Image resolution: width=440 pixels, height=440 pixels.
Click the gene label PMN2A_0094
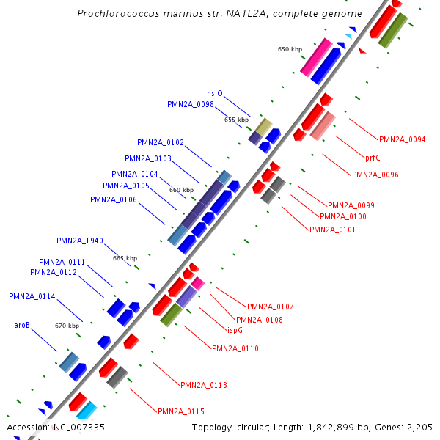pyautogui.click(x=402, y=139)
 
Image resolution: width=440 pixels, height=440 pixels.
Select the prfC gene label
pyautogui.click(x=373, y=157)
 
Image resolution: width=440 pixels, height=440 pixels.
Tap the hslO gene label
pyautogui.click(x=214, y=94)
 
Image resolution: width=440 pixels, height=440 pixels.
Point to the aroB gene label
pyautogui.click(x=22, y=325)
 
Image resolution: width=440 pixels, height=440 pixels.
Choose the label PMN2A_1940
pyautogui.click(x=80, y=241)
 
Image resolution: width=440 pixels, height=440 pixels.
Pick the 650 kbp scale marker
pyautogui.click(x=290, y=49)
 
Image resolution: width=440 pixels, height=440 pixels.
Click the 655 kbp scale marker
pyautogui.click(x=236, y=119)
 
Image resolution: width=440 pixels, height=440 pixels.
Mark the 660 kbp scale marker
pyautogui.click(x=181, y=190)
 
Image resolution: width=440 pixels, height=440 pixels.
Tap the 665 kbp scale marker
pyautogui.click(x=125, y=258)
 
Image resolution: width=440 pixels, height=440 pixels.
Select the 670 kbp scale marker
pyautogui.click(x=67, y=326)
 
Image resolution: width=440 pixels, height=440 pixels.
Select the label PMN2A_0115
pyautogui.click(x=180, y=411)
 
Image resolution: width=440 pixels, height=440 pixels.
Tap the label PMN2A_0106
pyautogui.click(x=113, y=199)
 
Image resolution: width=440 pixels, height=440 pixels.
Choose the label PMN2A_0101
pyautogui.click(x=332, y=230)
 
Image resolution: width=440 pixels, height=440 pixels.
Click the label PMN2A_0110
pyautogui.click(x=235, y=348)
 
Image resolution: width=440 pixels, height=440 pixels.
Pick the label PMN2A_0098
pyautogui.click(x=190, y=104)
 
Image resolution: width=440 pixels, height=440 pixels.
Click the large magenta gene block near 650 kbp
pyautogui.click(x=316, y=56)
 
